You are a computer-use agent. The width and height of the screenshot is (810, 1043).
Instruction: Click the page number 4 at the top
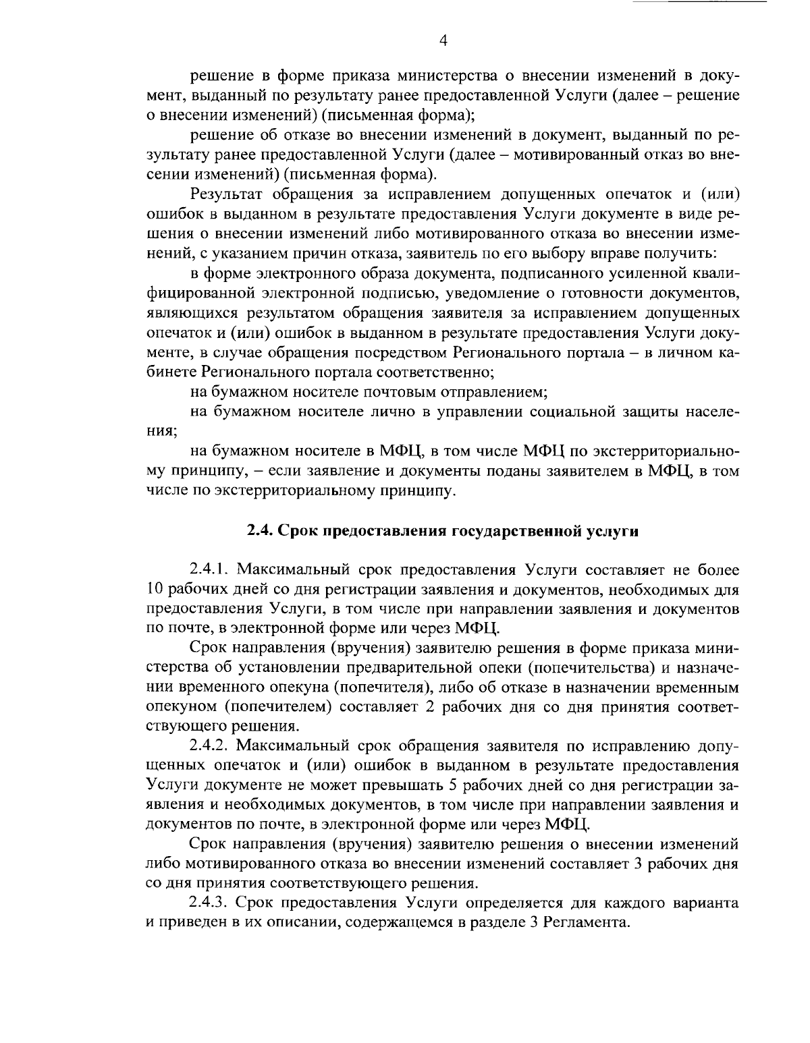coord(443,40)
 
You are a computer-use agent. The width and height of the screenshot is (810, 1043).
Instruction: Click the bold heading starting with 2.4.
coord(442,530)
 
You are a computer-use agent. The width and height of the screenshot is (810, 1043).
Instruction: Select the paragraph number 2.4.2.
coord(213,745)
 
